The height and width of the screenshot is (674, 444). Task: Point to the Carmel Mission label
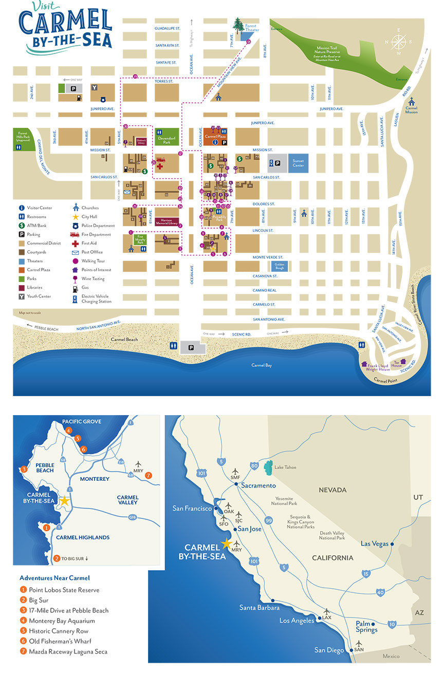point(411,110)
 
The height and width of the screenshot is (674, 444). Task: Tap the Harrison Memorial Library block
point(167,222)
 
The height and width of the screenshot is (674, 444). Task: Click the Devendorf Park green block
point(167,137)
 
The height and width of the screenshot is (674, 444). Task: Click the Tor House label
point(396,365)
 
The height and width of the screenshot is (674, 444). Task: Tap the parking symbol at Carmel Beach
point(191,348)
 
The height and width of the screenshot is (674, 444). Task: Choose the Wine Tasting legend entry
point(92,278)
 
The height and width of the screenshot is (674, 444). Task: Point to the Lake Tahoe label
point(285,467)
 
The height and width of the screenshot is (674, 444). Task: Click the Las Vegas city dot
point(392,544)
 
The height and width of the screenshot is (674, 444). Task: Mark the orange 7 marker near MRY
point(149,475)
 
